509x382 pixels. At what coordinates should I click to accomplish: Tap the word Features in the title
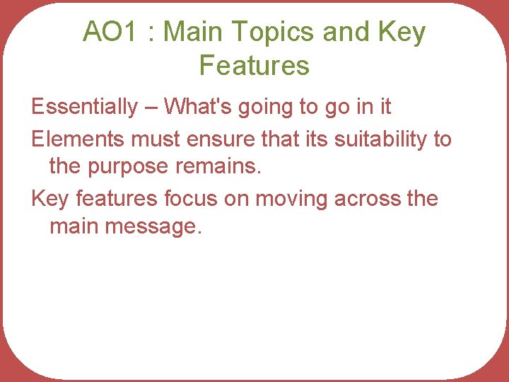(x=255, y=66)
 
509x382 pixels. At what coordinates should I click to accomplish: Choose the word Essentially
(x=85, y=107)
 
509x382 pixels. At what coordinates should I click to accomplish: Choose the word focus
(x=190, y=199)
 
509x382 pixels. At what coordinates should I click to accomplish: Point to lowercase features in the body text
(x=114, y=199)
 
